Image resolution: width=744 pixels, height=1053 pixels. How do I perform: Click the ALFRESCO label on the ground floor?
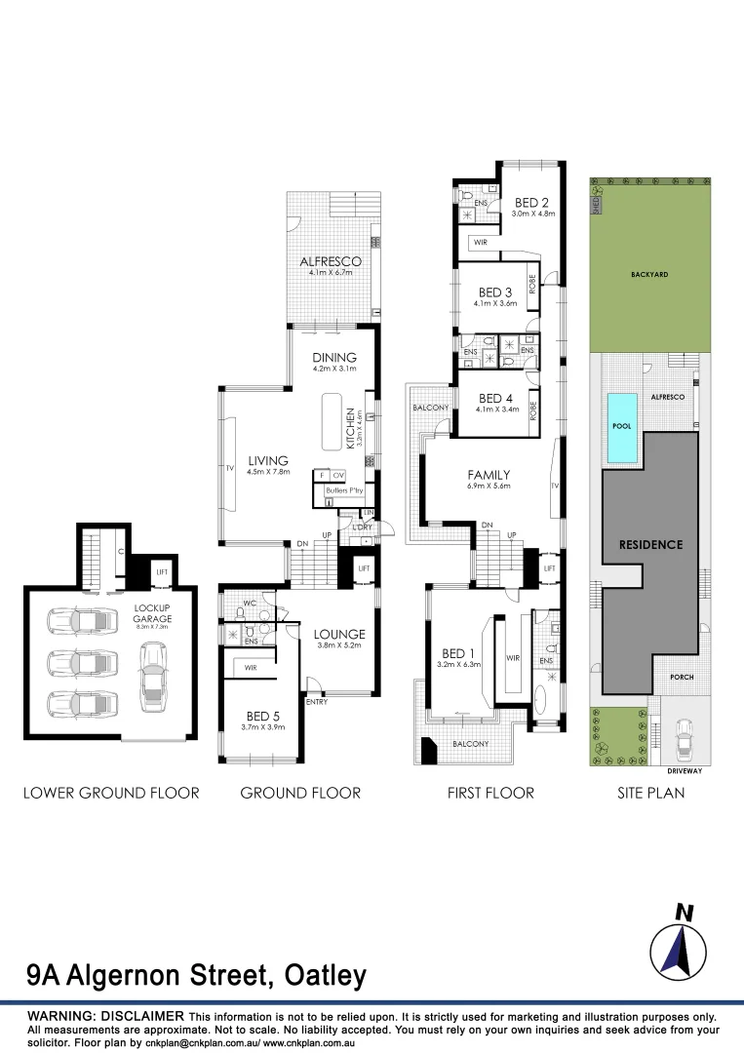(331, 261)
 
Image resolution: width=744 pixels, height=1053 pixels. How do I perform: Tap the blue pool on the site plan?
(620, 428)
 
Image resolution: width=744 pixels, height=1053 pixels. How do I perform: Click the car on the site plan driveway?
(685, 740)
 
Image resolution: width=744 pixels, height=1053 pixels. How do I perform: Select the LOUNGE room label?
(339, 634)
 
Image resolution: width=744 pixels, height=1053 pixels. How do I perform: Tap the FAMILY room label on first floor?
(489, 475)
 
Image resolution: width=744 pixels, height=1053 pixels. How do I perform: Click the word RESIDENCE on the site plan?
(650, 544)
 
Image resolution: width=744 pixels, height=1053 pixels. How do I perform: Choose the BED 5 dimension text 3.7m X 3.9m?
(262, 726)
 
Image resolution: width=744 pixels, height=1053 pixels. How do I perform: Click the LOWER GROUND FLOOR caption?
(111, 793)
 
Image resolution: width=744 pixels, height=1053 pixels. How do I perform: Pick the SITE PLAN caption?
(650, 793)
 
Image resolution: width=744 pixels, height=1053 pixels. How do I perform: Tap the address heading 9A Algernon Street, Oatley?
(196, 975)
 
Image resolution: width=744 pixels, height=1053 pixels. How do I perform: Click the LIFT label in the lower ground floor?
(137, 572)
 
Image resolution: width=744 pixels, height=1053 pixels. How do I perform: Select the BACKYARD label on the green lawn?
(649, 275)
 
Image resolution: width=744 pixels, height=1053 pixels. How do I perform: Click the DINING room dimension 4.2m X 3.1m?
(334, 370)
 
